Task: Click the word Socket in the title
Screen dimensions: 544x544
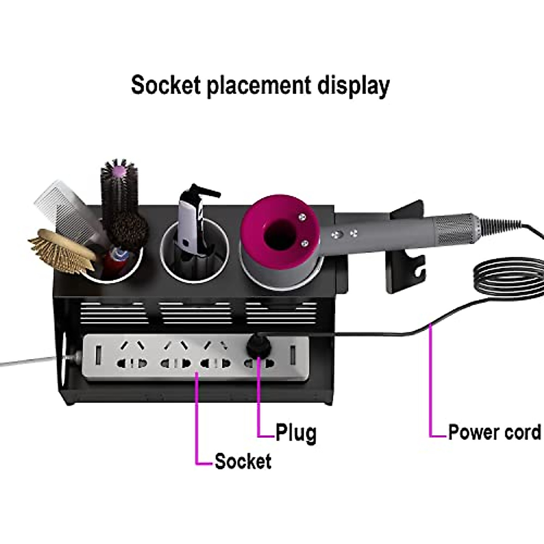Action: pyautogui.click(x=166, y=85)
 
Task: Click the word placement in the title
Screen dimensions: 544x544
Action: pyautogui.click(x=259, y=87)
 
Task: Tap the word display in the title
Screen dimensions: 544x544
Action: pyautogui.click(x=354, y=87)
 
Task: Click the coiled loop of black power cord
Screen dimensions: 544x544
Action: pyautogui.click(x=509, y=278)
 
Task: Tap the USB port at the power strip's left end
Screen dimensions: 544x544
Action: pyautogui.click(x=98, y=355)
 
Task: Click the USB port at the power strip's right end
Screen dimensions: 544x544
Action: pyautogui.click(x=293, y=355)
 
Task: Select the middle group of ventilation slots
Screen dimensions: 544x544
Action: pyautogui.click(x=195, y=313)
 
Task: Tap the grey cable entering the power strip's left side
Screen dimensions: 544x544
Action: pyautogui.click(x=34, y=360)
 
